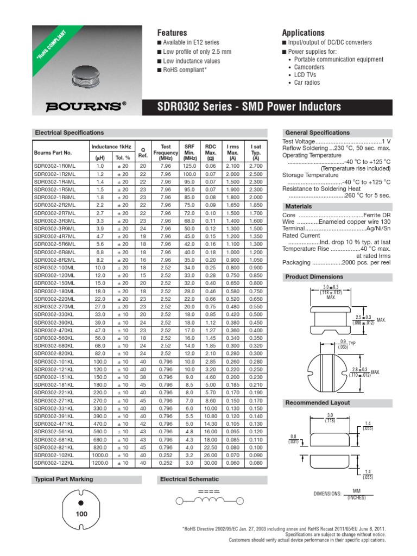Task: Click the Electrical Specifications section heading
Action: pos(69,132)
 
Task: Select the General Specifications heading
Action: pos(317,132)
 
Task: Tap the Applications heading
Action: pos(303,33)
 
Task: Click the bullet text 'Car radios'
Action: pos(307,83)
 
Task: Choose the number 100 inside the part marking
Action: pos(82,513)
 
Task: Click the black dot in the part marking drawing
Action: pos(81,502)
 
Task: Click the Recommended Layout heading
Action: pos(317,403)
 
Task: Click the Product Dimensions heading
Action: pos(314,277)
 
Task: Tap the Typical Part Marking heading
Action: pos(64,479)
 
